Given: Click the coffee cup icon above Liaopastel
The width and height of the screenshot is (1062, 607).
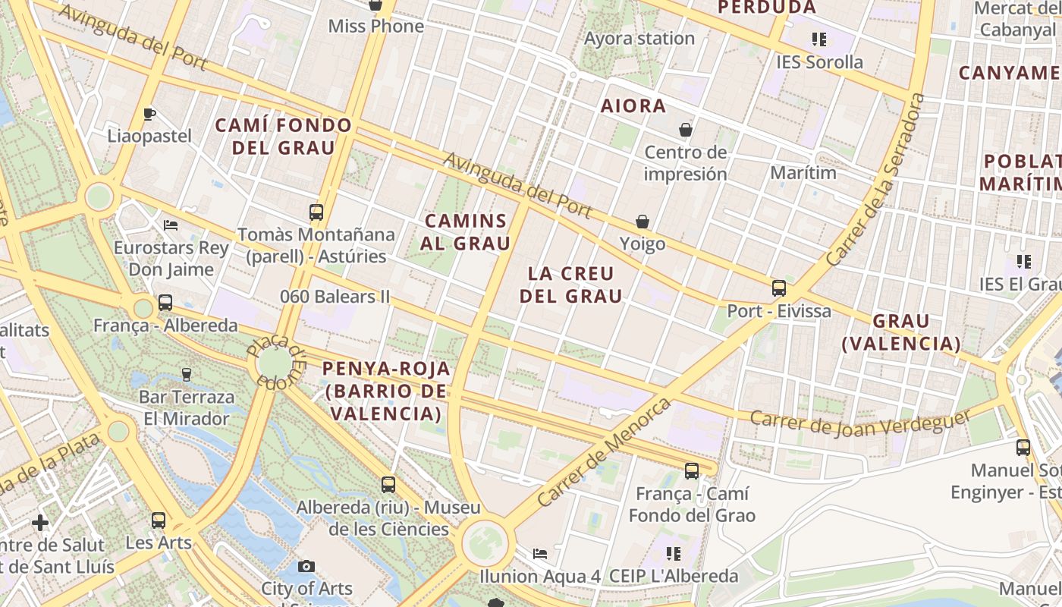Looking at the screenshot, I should tap(149, 115).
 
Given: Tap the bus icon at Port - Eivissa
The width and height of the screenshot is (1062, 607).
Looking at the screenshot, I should tap(778, 288).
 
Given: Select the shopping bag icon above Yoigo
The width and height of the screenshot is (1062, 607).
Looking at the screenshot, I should tap(643, 222).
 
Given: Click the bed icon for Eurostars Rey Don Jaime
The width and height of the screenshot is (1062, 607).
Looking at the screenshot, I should tap(171, 225).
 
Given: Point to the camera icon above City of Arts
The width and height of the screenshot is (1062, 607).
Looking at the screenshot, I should tap(306, 566).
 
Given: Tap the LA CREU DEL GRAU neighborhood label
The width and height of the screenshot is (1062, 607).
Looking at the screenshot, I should tap(570, 285).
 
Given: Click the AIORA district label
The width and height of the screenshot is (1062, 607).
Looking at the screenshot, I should tap(633, 106).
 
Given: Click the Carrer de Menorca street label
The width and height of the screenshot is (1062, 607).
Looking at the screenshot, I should tap(604, 452).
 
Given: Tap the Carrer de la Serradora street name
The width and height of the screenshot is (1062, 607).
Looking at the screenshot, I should tap(876, 180).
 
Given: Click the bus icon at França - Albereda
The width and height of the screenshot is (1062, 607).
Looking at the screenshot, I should tap(165, 303).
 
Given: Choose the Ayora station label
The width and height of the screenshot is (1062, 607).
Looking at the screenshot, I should tap(639, 38).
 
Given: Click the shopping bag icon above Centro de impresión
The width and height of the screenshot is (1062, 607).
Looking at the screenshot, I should tap(686, 130).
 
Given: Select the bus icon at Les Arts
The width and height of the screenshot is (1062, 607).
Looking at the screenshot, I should tap(158, 521).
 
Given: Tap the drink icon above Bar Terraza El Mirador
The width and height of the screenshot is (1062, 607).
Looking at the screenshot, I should tap(187, 374).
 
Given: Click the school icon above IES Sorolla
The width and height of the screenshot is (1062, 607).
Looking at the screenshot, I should tap(818, 39).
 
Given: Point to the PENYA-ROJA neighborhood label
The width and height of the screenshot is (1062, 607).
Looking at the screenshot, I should tap(386, 392).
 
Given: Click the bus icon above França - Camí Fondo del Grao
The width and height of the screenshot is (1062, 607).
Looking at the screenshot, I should tap(691, 471).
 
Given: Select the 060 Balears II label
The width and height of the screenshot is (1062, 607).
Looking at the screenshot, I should tap(335, 296).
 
